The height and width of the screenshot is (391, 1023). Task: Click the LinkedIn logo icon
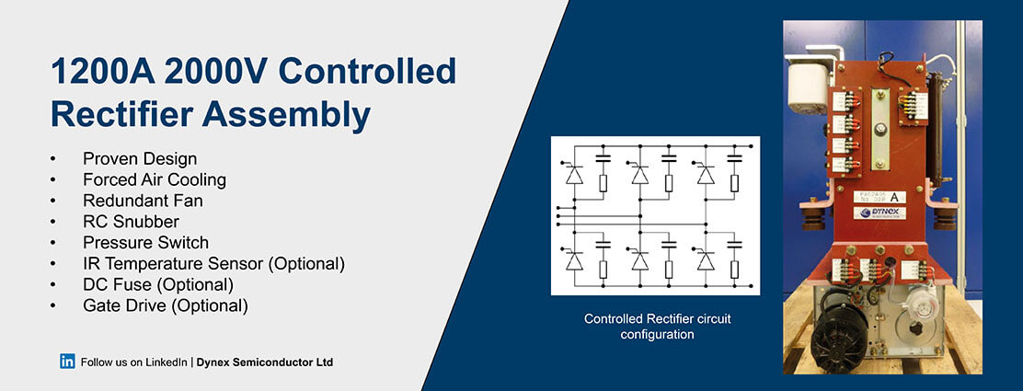pos(67,362)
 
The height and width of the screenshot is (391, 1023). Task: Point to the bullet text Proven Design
pos(140,159)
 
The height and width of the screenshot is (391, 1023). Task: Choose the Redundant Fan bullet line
pos(143,201)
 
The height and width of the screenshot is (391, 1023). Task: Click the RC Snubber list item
pos(131,222)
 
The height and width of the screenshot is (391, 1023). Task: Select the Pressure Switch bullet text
pos(145,243)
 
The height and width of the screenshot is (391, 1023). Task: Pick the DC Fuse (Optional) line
pos(157,284)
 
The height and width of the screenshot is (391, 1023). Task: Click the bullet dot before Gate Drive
pos(53,305)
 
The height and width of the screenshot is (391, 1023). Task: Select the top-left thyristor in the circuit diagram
pos(573,172)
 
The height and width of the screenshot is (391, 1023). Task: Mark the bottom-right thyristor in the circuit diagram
pos(706,260)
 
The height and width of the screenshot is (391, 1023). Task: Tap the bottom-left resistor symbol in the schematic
pos(603,269)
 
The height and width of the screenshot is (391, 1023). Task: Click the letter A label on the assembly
pos(893,195)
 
